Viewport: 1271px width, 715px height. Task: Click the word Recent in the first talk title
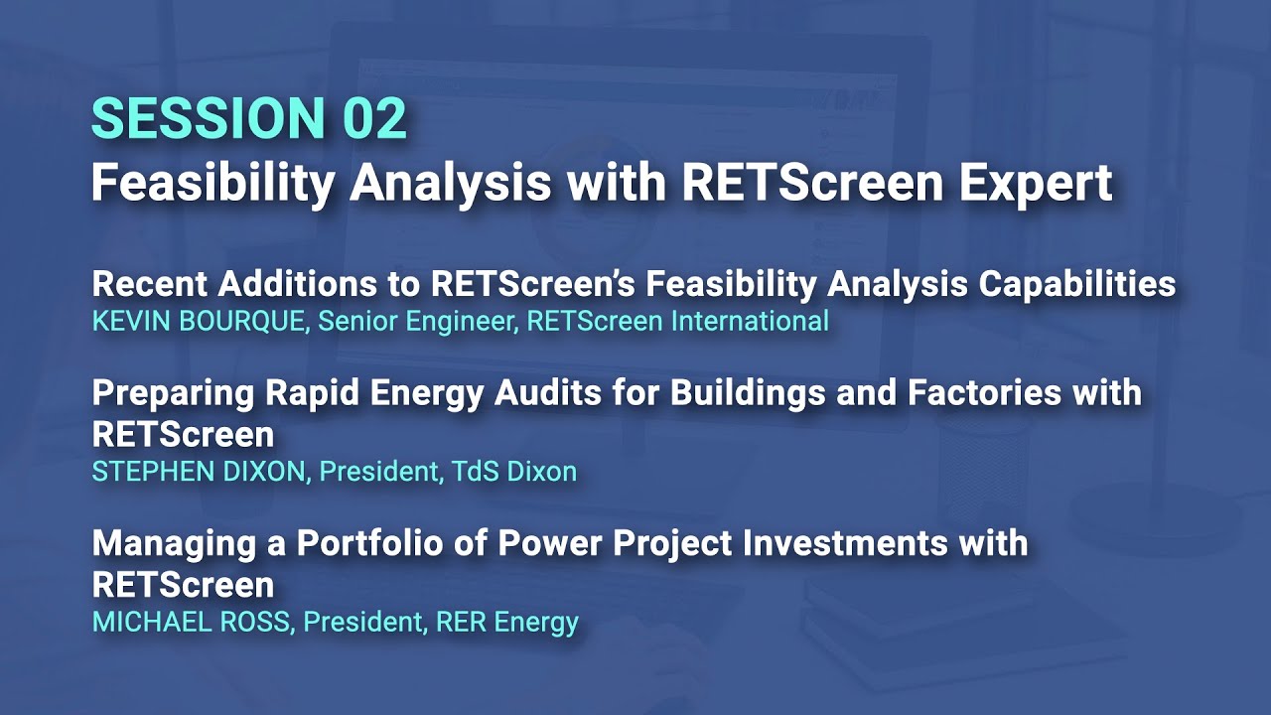point(148,284)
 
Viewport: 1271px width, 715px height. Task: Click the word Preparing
point(171,393)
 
